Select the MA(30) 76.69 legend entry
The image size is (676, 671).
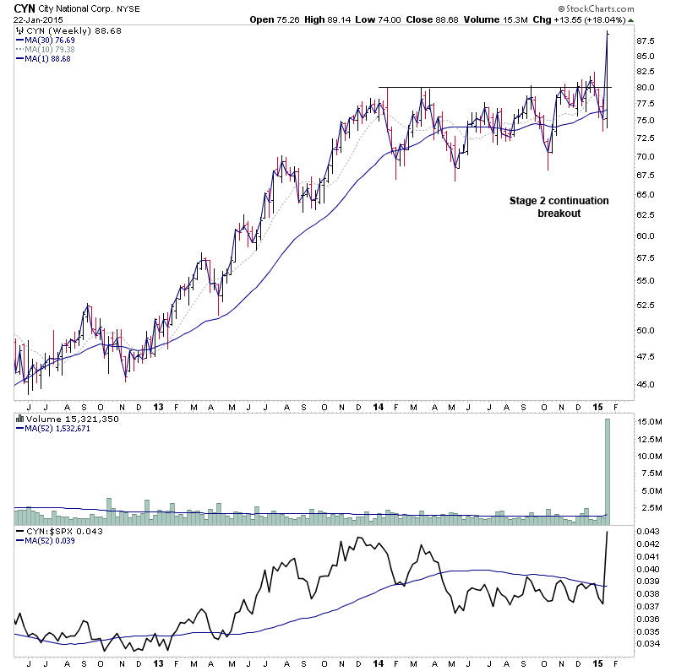pos(47,40)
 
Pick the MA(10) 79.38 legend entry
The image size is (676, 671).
pos(47,49)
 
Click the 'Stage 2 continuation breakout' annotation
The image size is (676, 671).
pos(559,207)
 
